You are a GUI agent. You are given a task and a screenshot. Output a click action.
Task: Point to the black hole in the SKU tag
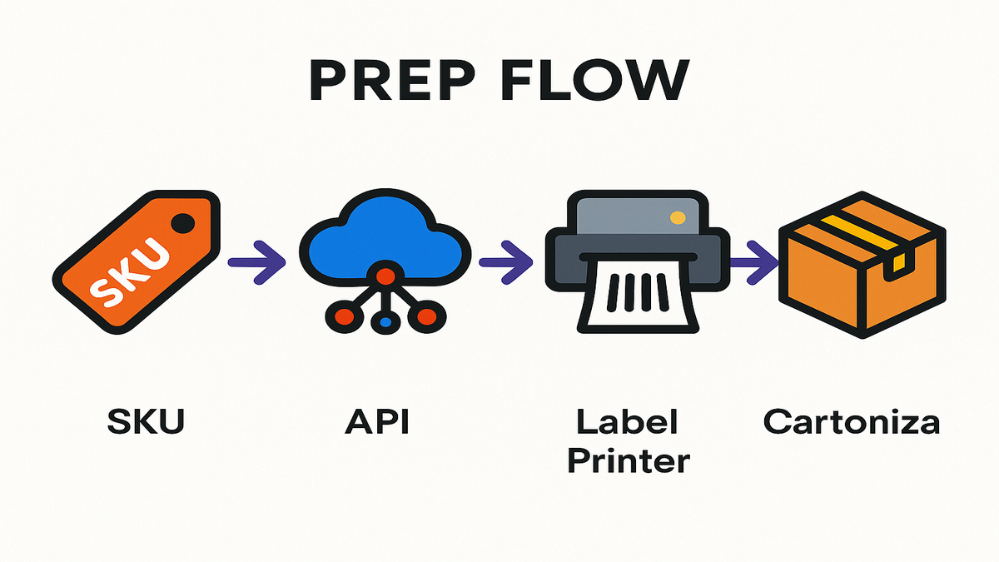click(183, 223)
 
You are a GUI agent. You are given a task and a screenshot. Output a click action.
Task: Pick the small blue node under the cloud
click(385, 320)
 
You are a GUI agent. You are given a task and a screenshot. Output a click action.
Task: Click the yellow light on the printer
click(678, 218)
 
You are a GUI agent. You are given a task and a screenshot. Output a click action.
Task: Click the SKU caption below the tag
click(145, 422)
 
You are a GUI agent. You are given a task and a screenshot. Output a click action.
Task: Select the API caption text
click(378, 422)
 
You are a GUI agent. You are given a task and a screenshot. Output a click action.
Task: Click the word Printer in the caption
click(630, 460)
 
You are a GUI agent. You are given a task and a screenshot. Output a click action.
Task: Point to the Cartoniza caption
click(852, 422)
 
